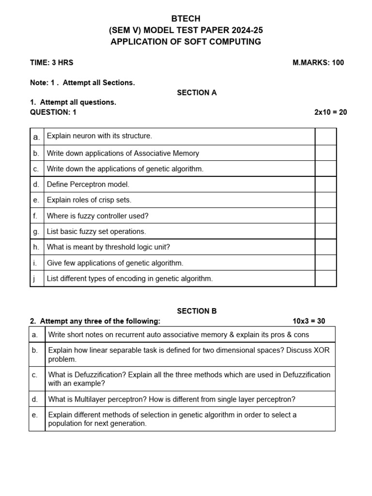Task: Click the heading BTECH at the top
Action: click(186, 18)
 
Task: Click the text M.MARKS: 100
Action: click(318, 62)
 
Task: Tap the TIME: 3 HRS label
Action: click(52, 62)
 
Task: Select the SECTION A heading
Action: click(197, 93)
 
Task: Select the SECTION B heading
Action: click(197, 311)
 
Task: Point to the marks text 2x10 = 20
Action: click(330, 112)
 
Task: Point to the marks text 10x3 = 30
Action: click(309, 321)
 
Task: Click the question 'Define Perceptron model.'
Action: click(88, 184)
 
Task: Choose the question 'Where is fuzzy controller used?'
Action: click(97, 216)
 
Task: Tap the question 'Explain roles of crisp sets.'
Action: click(89, 200)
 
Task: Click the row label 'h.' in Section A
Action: click(36, 247)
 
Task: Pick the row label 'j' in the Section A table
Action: click(35, 279)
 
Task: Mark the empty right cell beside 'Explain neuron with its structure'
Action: click(325, 136)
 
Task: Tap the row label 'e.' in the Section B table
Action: click(35, 415)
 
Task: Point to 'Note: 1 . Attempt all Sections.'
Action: click(82, 82)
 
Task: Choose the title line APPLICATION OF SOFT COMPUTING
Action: click(186, 42)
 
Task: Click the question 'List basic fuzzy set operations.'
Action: click(96, 231)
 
